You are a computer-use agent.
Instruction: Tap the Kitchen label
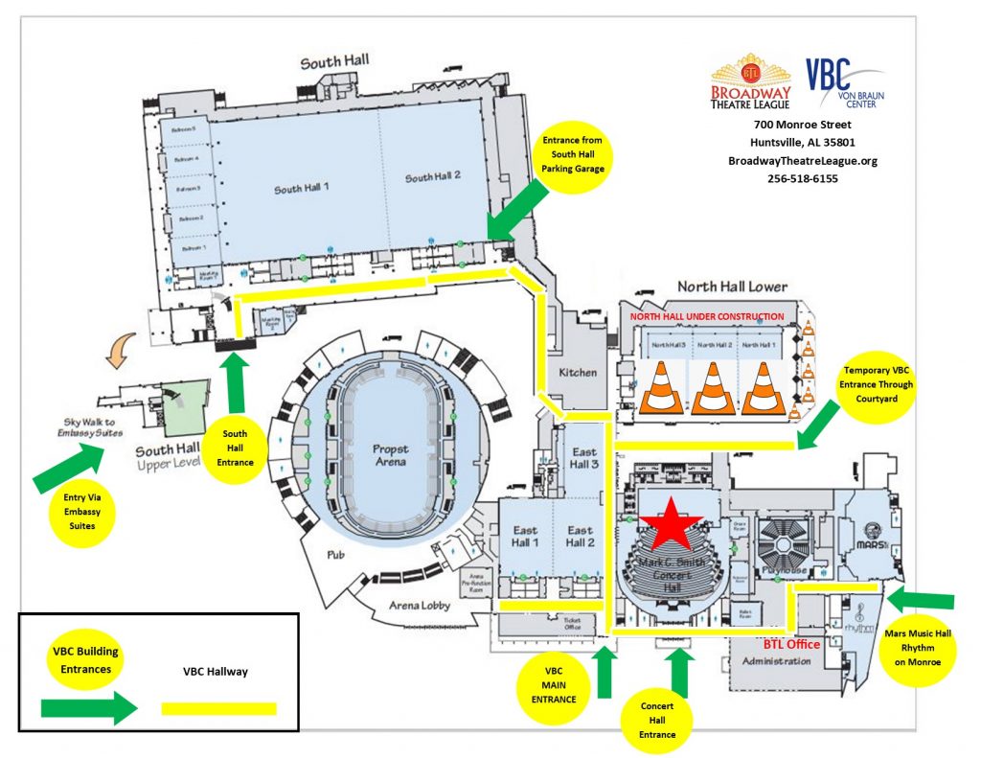[578, 372]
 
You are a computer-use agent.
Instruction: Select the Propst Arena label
[391, 454]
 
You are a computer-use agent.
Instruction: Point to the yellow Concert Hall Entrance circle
[656, 719]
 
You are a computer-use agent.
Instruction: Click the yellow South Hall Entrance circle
[235, 448]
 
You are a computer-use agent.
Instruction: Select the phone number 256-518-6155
[802, 178]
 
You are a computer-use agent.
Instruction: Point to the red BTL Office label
[790, 644]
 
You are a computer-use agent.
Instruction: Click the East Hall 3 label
[583, 458]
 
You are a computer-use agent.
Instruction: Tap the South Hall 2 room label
[433, 177]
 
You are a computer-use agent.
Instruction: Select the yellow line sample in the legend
[219, 709]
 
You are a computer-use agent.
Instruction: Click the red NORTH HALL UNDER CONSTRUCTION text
[707, 316]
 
